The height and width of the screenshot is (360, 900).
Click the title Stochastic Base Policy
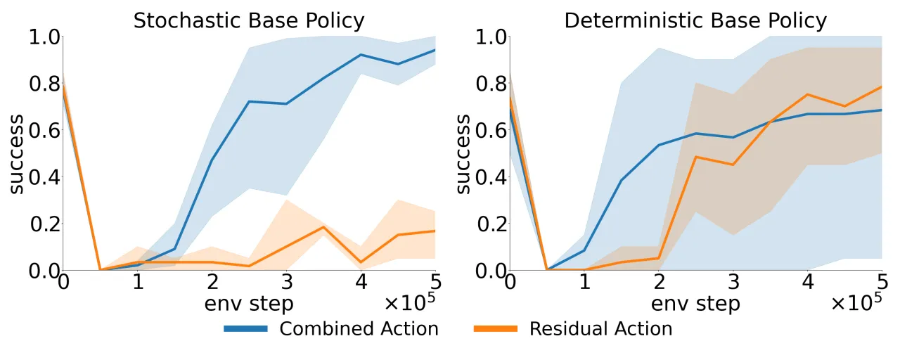pyautogui.click(x=249, y=21)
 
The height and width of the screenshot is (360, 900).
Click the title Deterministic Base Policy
pyautogui.click(x=695, y=21)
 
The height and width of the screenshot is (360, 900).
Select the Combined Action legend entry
pyautogui.click(x=331, y=328)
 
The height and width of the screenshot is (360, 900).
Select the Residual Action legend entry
pyautogui.click(x=573, y=328)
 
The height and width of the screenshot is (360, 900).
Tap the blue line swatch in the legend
pyautogui.click(x=245, y=328)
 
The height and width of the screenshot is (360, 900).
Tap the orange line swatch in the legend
pyautogui.click(x=496, y=328)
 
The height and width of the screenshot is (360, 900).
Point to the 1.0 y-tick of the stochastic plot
pyautogui.click(x=44, y=38)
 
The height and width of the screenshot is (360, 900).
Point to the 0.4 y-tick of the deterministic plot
pyautogui.click(x=491, y=176)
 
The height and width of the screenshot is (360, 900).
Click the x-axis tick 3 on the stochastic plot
pyautogui.click(x=287, y=282)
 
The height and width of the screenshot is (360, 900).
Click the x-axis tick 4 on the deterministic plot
pyautogui.click(x=808, y=282)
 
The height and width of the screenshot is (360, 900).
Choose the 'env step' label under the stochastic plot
pyautogui.click(x=249, y=304)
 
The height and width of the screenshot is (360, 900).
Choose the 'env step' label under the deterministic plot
pyautogui.click(x=695, y=304)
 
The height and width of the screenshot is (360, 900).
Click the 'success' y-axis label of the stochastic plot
pyautogui.click(x=16, y=154)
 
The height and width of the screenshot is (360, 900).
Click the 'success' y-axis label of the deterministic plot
pyautogui.click(x=463, y=154)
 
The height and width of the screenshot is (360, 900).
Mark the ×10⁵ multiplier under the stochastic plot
pyautogui.click(x=410, y=302)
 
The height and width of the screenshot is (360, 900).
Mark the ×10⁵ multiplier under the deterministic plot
pyautogui.click(x=856, y=302)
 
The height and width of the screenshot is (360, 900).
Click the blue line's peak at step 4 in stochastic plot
pyautogui.click(x=361, y=55)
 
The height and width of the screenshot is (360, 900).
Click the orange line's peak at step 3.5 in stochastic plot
pyautogui.click(x=324, y=227)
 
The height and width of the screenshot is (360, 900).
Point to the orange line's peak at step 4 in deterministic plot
pyautogui.click(x=808, y=94)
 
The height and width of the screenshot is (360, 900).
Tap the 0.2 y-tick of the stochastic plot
pyautogui.click(x=45, y=224)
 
